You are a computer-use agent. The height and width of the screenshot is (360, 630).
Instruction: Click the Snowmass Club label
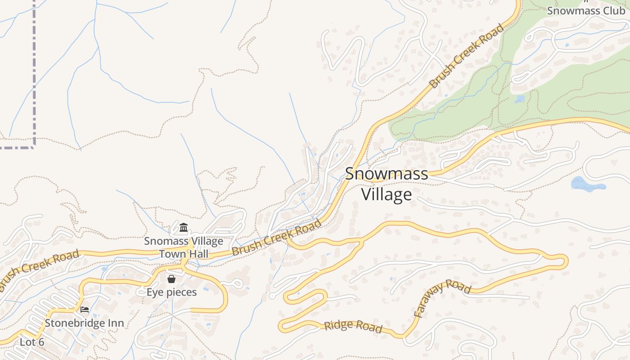[586, 10]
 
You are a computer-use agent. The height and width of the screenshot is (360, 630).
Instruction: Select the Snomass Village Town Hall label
[184, 247]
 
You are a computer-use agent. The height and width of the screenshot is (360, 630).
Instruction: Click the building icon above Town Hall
[184, 228]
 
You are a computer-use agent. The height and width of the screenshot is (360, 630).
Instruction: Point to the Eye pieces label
[171, 292]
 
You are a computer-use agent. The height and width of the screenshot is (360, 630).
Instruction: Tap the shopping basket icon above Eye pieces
[171, 279]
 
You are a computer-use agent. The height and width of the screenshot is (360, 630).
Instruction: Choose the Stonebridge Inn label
[84, 323]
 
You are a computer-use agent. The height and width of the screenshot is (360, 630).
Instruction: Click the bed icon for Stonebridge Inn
[84, 310]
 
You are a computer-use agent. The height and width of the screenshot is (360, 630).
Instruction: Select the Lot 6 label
[32, 342]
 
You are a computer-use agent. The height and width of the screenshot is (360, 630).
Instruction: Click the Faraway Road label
[442, 298]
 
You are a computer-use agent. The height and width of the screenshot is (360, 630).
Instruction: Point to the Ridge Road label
[353, 327]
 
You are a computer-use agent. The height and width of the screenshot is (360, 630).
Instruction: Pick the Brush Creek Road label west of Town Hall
[39, 270]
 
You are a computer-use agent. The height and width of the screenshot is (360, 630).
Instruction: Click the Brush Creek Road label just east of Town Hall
[277, 237]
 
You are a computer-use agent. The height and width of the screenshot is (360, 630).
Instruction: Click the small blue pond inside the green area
[520, 99]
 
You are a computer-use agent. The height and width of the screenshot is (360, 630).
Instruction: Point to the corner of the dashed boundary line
[34, 147]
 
